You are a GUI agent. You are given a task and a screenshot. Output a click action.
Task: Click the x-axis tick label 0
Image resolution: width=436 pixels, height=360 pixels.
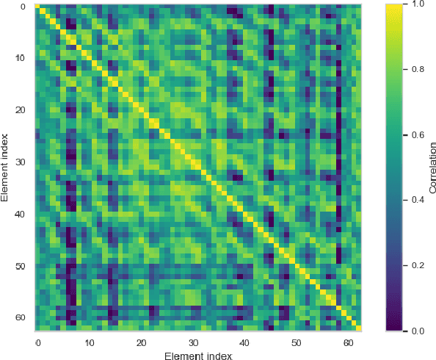click(x=37, y=343)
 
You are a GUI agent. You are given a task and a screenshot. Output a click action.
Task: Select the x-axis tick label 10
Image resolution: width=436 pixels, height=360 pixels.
click(x=89, y=343)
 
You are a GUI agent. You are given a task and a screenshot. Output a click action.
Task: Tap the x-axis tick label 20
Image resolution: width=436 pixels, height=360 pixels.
click(x=141, y=343)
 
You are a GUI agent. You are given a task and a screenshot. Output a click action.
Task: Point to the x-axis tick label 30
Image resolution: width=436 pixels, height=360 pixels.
click(x=192, y=343)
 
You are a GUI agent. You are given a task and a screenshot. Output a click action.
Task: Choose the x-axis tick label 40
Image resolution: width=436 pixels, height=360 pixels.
click(x=244, y=343)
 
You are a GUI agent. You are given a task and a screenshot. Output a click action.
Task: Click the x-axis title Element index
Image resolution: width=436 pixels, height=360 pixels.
click(x=198, y=356)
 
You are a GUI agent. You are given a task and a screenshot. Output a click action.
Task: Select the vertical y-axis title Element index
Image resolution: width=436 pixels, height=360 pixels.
click(x=6, y=168)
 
